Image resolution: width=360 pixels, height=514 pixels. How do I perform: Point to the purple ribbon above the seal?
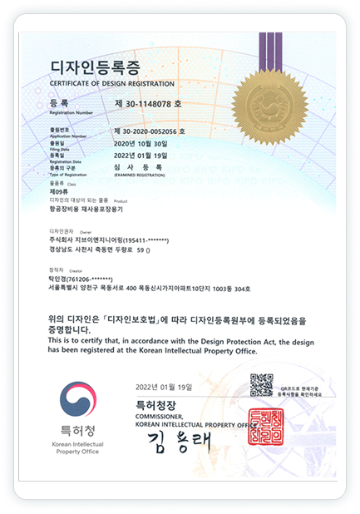[x=270, y=51]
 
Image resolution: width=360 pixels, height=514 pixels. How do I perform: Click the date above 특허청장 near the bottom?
[x=162, y=388]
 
